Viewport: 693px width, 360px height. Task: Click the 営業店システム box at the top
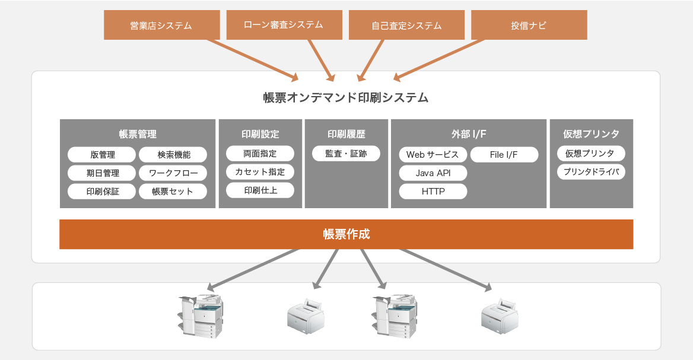click(x=161, y=26)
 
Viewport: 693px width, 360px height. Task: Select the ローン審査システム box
click(x=284, y=25)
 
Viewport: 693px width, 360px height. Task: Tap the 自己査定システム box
click(x=406, y=26)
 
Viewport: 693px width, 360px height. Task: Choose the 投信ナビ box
click(x=529, y=26)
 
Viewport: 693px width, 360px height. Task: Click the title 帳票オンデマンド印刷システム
click(x=346, y=98)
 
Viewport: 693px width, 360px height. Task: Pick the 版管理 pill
click(x=103, y=155)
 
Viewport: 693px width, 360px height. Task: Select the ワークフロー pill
click(x=173, y=173)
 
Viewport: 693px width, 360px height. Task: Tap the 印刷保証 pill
click(x=103, y=192)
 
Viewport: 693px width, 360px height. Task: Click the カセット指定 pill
click(x=260, y=172)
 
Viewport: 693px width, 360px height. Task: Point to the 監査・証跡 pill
click(x=346, y=154)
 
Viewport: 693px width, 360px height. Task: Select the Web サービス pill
click(x=433, y=155)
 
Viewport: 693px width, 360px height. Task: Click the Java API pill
click(x=433, y=173)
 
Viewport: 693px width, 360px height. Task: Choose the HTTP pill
click(x=433, y=192)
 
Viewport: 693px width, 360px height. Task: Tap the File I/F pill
click(x=504, y=155)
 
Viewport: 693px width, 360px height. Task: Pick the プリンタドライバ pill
click(x=591, y=172)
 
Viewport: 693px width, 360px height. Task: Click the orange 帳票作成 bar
click(x=346, y=234)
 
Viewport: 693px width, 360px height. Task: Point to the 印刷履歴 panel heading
click(x=346, y=134)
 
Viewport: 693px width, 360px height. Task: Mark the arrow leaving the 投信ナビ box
click(x=439, y=59)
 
